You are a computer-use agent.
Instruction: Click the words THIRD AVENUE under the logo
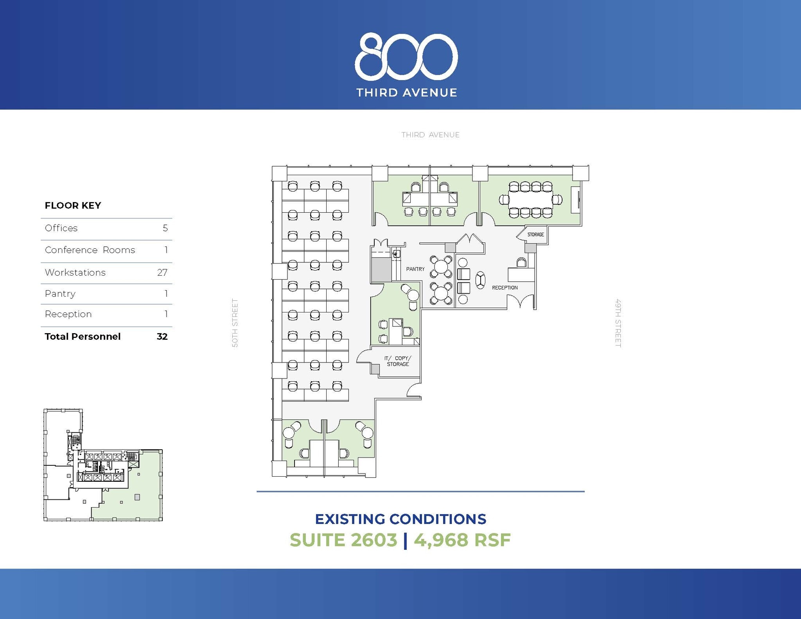tap(406, 93)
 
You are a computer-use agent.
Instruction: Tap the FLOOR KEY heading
tap(73, 205)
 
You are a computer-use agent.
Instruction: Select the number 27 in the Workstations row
tap(162, 273)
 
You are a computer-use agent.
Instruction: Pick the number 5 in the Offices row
tap(165, 228)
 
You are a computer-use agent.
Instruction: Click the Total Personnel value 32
tap(162, 337)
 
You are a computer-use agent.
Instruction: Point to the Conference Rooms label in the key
tap(90, 250)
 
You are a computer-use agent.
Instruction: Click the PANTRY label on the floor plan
tap(415, 269)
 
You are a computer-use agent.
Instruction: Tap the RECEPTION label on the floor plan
tap(505, 288)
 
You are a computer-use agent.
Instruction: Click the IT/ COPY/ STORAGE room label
tap(398, 361)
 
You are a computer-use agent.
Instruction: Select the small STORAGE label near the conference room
tap(535, 235)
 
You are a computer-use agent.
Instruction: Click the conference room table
tap(530, 199)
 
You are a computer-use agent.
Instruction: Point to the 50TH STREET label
tap(235, 323)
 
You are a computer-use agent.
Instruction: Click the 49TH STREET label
tap(618, 323)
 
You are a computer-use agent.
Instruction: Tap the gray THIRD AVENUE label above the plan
tap(430, 135)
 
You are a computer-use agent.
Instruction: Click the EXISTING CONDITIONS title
tap(400, 519)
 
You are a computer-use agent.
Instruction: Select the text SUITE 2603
tap(343, 540)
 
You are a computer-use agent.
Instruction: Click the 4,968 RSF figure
tap(462, 540)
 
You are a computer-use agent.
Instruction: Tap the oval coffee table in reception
tap(480, 280)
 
